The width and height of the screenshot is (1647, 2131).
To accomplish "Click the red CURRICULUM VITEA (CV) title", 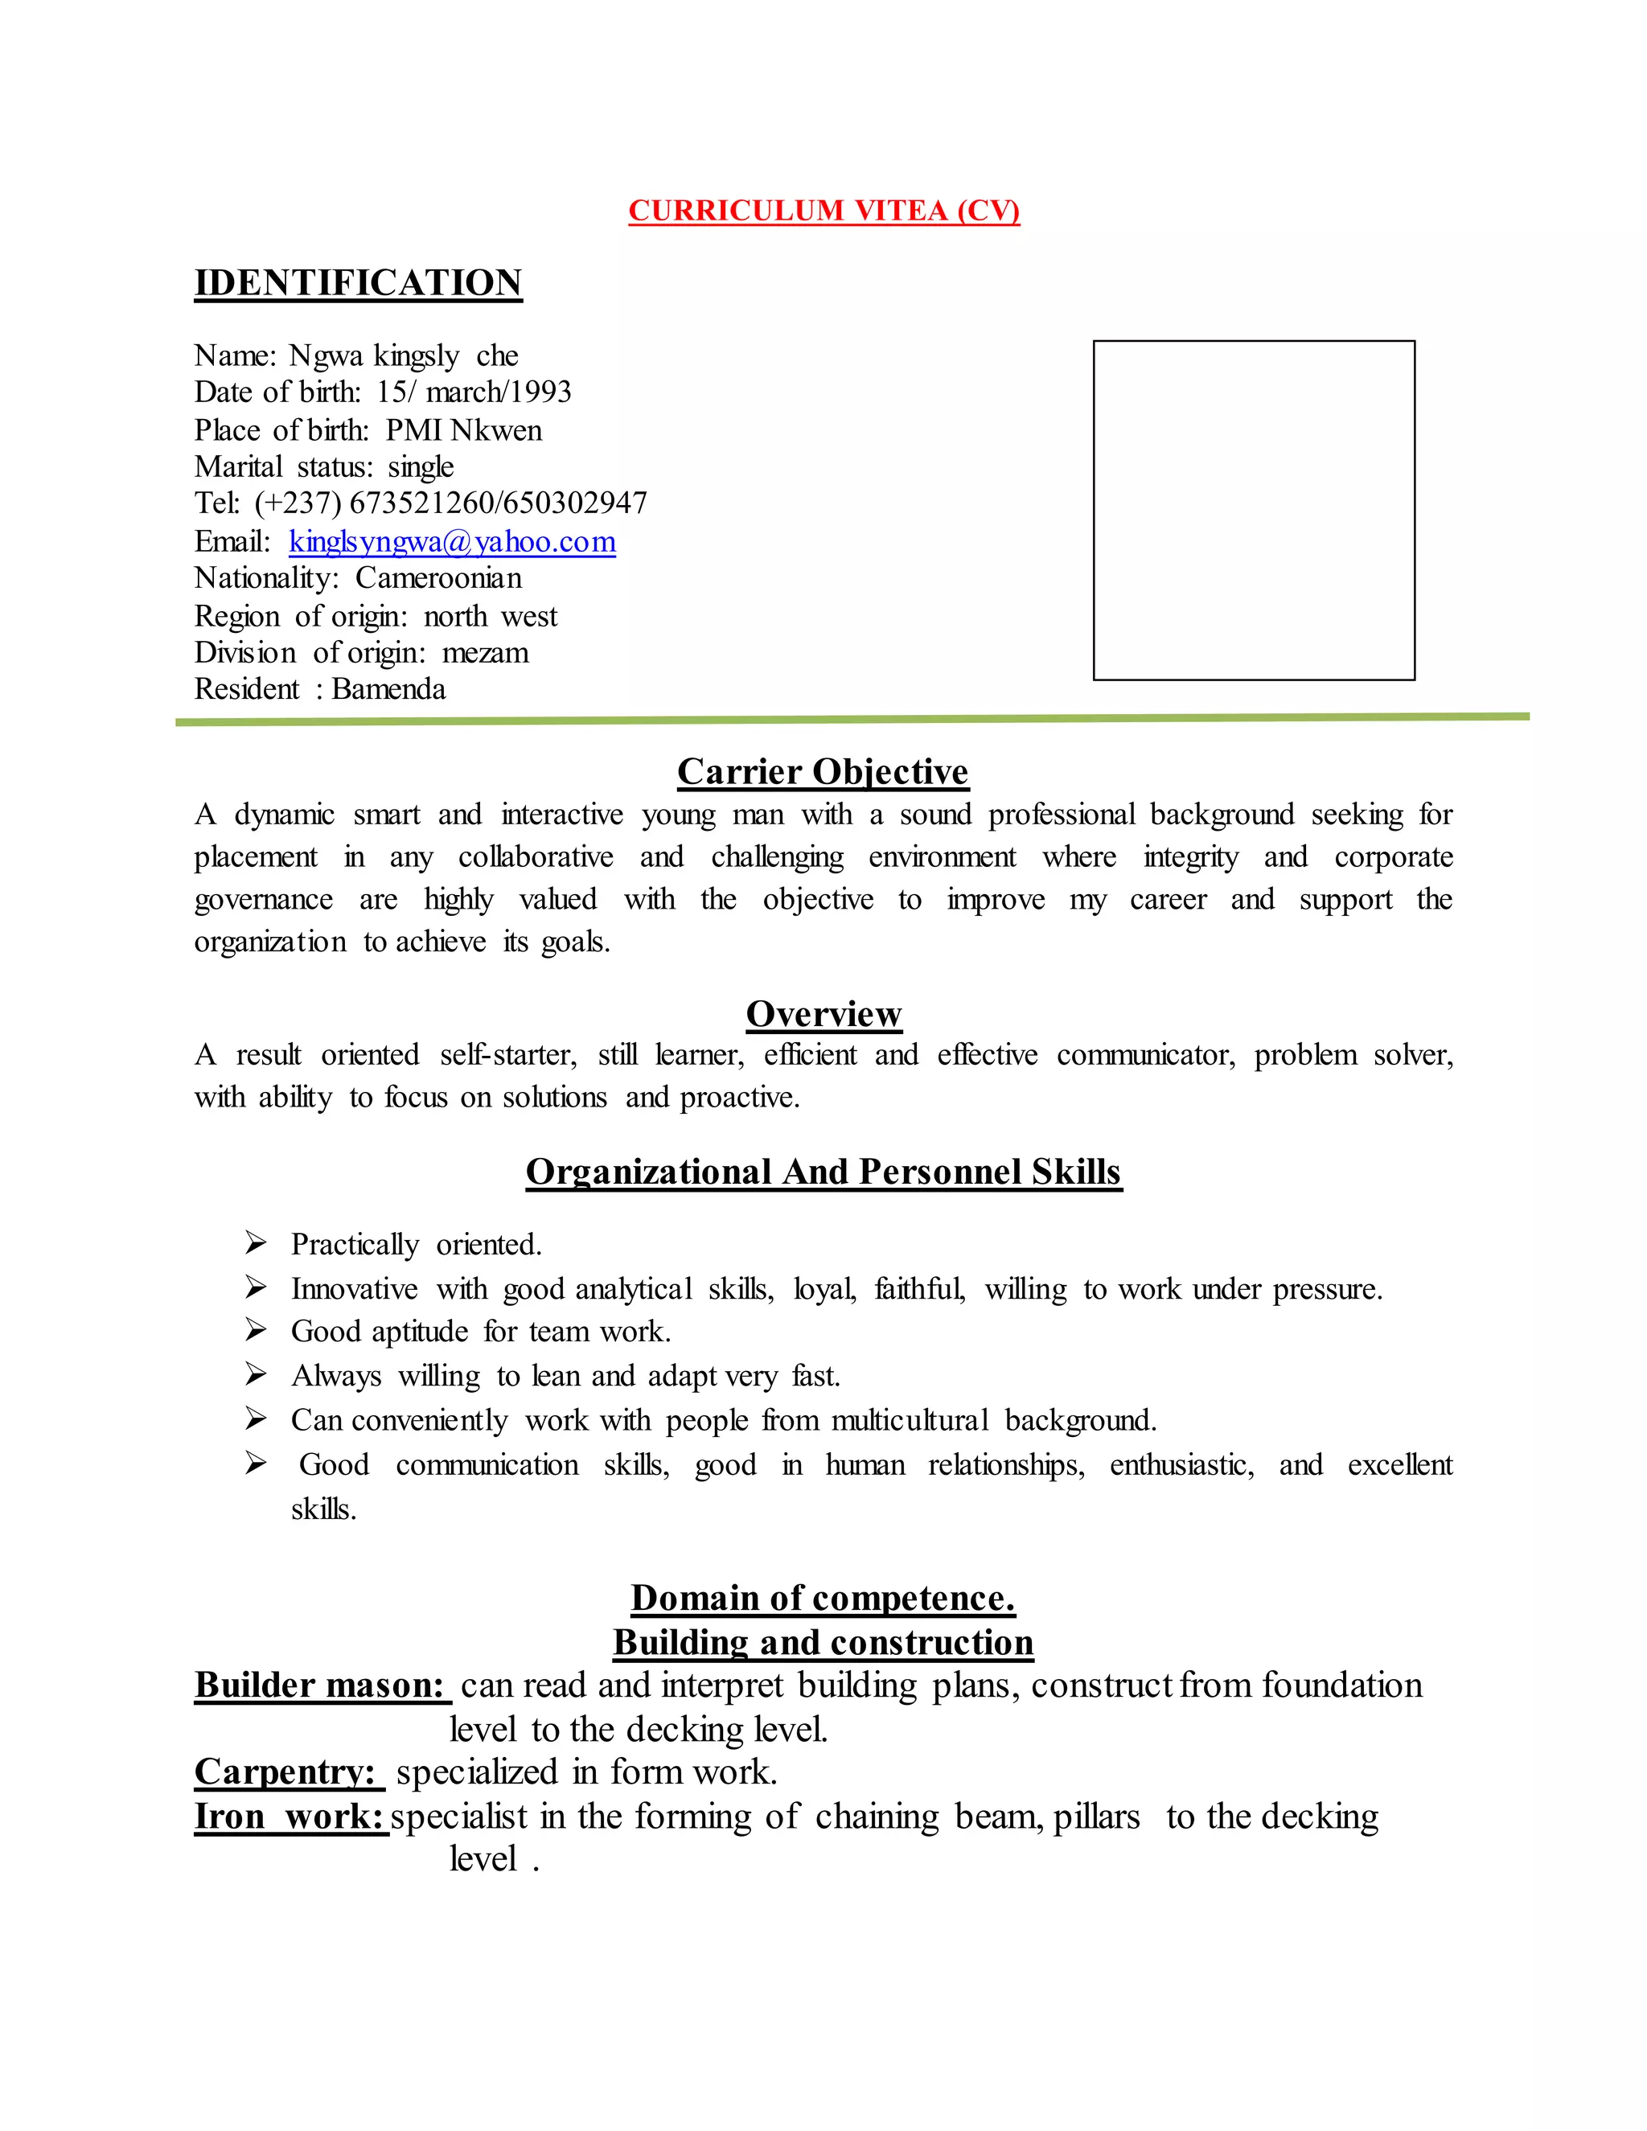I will (x=823, y=211).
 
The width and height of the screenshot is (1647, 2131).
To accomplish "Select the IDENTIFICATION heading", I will (x=358, y=283).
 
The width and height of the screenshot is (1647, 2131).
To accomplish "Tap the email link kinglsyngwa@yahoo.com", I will (x=452, y=541).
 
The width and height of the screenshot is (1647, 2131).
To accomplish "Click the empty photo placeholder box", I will (x=1253, y=509).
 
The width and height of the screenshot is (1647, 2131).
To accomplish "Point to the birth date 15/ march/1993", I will (x=474, y=392).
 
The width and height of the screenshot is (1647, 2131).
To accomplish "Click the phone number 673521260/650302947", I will (x=498, y=503).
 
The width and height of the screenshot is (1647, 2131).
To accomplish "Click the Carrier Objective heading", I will (x=823, y=772).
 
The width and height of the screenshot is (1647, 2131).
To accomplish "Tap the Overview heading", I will (x=823, y=1014).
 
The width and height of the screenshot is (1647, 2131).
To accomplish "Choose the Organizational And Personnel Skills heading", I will (x=823, y=1172).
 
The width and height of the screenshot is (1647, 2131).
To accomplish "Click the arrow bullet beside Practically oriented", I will (x=256, y=1243).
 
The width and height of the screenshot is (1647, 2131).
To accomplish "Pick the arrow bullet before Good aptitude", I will (x=256, y=1330).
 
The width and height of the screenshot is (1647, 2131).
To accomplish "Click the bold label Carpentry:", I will (x=288, y=1772).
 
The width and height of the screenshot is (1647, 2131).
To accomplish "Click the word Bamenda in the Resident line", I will (x=388, y=690).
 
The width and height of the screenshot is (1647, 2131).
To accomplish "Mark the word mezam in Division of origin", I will (x=485, y=653).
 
